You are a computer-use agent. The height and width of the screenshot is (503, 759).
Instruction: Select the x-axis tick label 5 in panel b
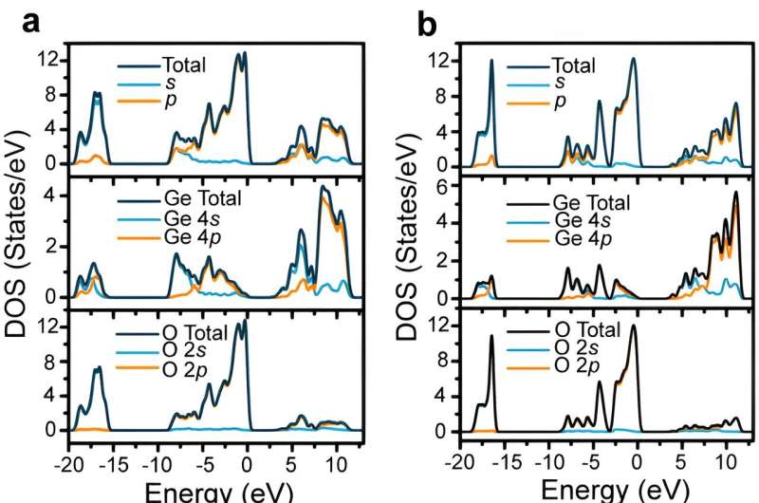(x=680, y=465)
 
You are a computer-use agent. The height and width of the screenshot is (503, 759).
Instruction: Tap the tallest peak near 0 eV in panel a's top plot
(x=244, y=53)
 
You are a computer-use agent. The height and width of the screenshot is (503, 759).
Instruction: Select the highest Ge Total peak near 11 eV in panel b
(x=735, y=193)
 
